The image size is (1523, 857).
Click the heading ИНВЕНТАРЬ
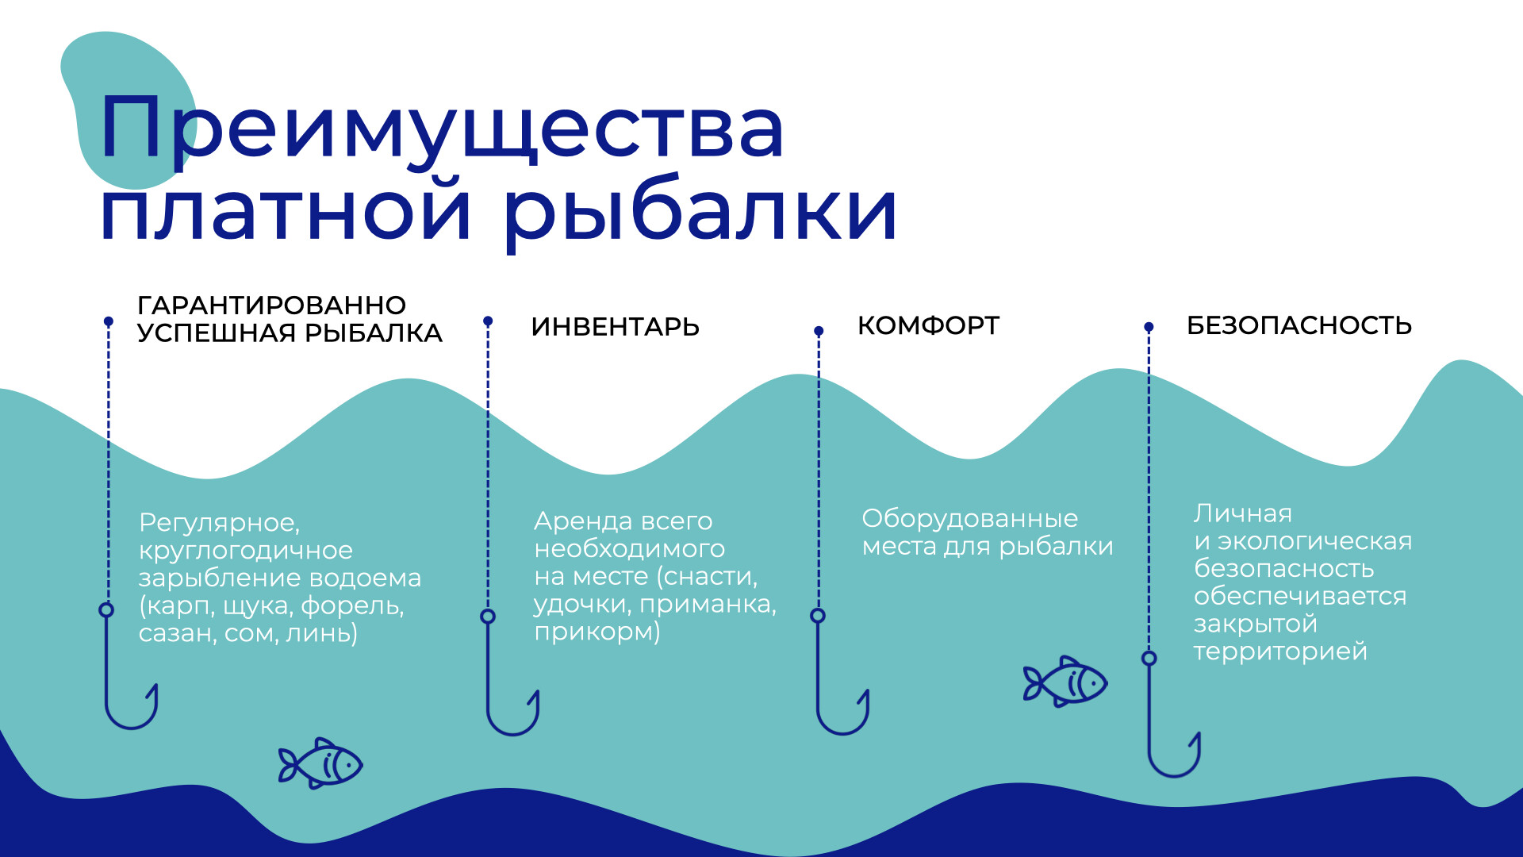click(615, 327)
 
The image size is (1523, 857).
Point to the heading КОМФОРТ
click(928, 325)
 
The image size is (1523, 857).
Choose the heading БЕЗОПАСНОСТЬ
click(1299, 325)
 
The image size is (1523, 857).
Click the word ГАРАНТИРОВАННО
click(272, 305)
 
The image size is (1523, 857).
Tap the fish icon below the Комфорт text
click(1065, 682)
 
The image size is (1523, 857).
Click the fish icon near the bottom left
click(320, 763)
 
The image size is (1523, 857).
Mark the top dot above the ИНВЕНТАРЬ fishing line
click(488, 321)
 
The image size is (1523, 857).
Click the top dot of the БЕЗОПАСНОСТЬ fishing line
click(1149, 326)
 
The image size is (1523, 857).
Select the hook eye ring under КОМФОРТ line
click(818, 615)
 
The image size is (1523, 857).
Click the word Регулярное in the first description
click(219, 523)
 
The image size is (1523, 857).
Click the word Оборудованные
click(970, 519)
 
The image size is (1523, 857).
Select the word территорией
click(1280, 652)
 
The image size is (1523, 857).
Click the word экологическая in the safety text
click(1315, 541)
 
